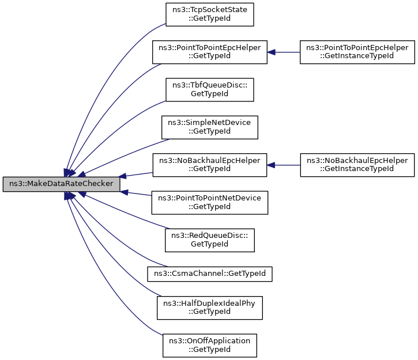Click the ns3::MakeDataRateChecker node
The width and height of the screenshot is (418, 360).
(x=62, y=185)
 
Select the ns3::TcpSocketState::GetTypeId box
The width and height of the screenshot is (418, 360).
(x=210, y=15)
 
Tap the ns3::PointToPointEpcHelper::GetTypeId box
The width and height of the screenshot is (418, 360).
(x=210, y=52)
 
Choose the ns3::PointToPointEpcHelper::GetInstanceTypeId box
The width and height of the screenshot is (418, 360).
(x=357, y=52)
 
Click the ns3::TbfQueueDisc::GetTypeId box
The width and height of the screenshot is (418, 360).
(x=210, y=90)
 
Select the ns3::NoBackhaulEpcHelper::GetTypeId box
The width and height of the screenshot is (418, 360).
(x=210, y=165)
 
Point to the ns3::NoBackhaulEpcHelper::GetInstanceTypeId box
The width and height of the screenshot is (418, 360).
(x=357, y=165)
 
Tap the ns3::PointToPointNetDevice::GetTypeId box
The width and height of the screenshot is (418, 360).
(x=210, y=203)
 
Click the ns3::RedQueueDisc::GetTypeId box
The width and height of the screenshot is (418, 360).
(x=210, y=240)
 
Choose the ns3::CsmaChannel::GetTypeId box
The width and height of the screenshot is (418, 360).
(x=210, y=274)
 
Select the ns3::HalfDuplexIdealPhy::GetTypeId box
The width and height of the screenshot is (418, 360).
(x=210, y=308)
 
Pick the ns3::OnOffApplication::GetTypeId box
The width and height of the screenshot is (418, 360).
(x=210, y=345)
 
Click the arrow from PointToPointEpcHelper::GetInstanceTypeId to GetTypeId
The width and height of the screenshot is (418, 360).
(x=284, y=52)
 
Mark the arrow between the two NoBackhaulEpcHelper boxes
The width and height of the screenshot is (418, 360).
(x=284, y=165)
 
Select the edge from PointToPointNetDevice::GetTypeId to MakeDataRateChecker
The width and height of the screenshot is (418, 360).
(x=138, y=194)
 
